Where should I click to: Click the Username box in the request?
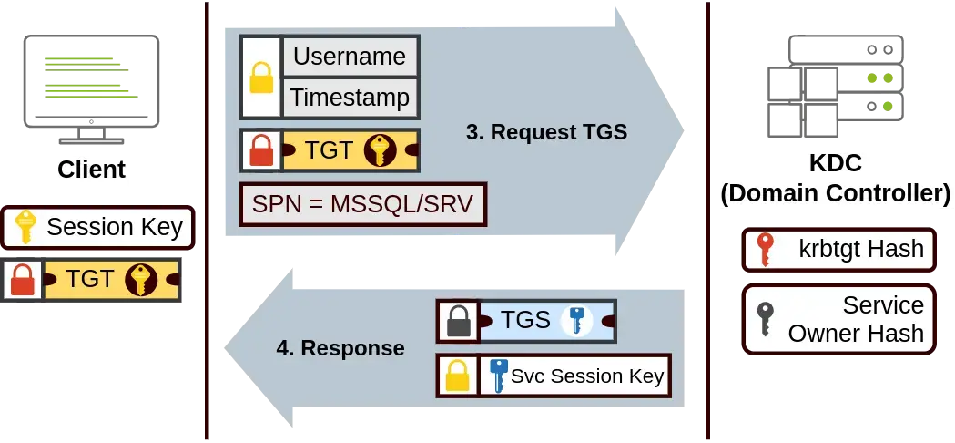pyautogui.click(x=351, y=57)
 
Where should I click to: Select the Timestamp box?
pyautogui.click(x=351, y=98)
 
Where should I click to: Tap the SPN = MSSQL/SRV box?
pyautogui.click(x=363, y=204)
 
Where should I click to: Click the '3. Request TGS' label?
pyautogui.click(x=546, y=132)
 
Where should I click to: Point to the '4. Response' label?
pyautogui.click(x=340, y=348)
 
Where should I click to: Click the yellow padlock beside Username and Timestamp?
pyautogui.click(x=261, y=77)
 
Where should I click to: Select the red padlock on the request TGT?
pyautogui.click(x=261, y=150)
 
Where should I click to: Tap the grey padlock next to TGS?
pyautogui.click(x=459, y=321)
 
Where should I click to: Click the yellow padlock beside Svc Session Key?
pyautogui.click(x=457, y=376)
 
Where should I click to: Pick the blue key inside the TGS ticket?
pyautogui.click(x=575, y=320)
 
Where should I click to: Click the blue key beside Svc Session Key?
pyautogui.click(x=498, y=376)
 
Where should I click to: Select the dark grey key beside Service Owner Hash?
pyautogui.click(x=765, y=318)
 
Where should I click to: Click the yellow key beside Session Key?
pyautogui.click(x=25, y=227)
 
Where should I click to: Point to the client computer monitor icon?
pyautogui.click(x=91, y=89)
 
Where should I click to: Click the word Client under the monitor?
pyautogui.click(x=91, y=169)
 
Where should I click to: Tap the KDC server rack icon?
pyautogui.click(x=835, y=86)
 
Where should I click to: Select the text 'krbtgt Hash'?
pyautogui.click(x=861, y=249)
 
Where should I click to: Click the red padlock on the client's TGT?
pyautogui.click(x=23, y=280)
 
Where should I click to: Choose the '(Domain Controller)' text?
pyautogui.click(x=835, y=193)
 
